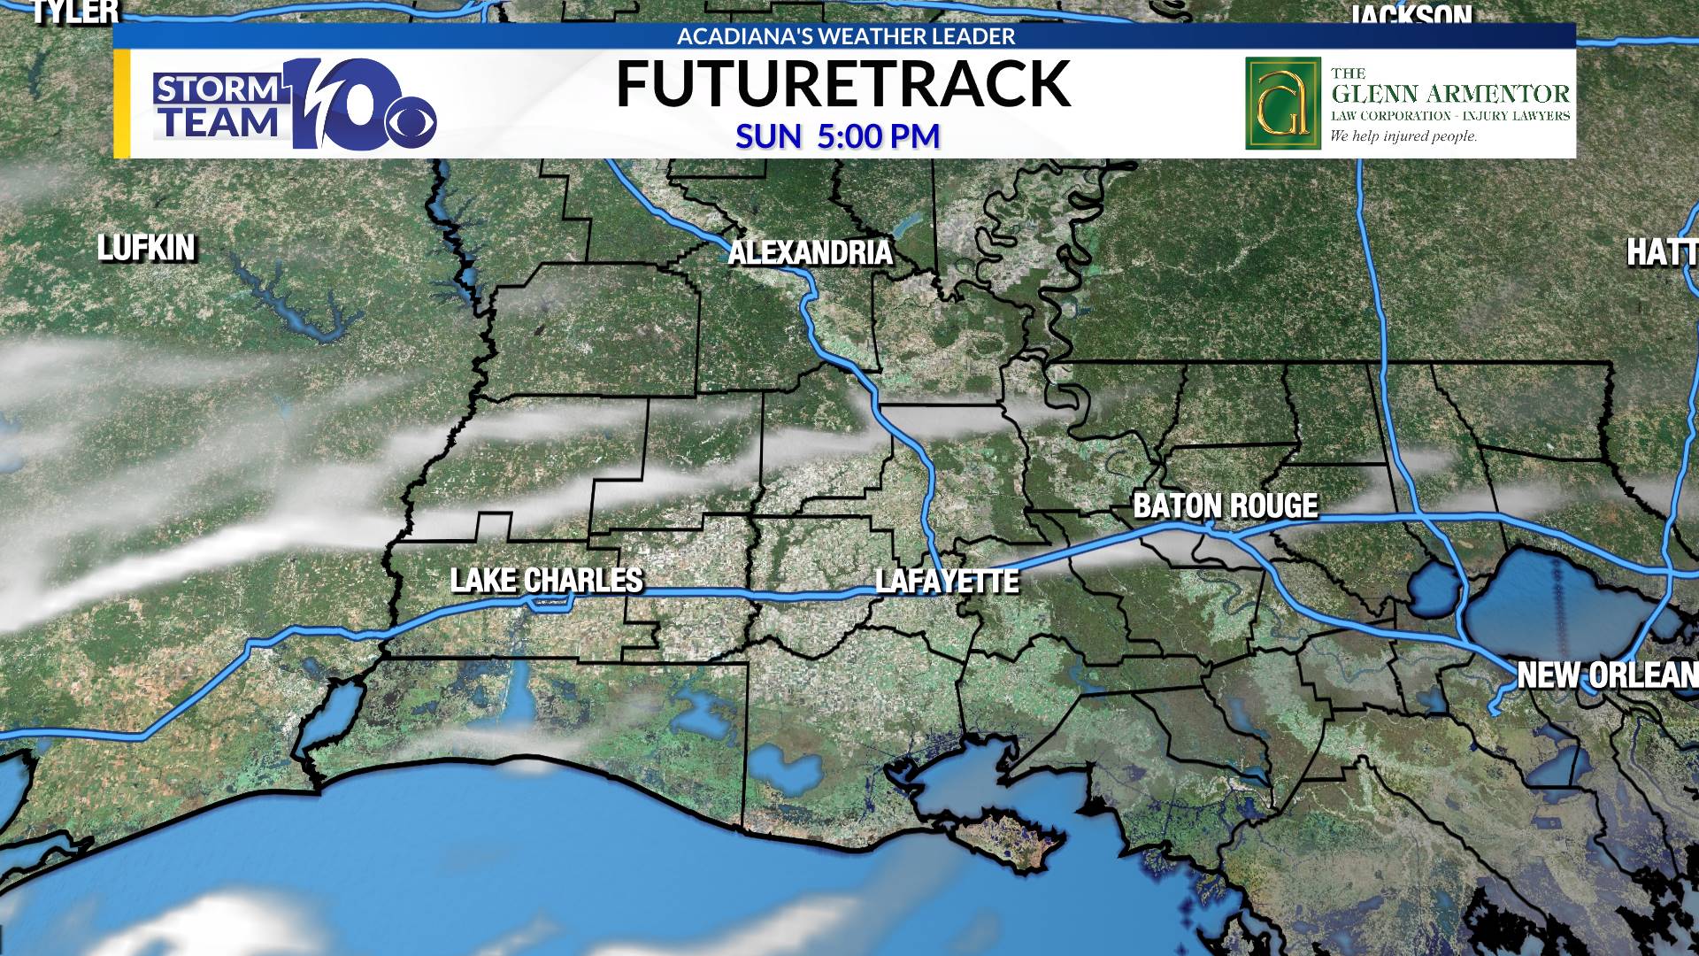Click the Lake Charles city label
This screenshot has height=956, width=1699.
(x=547, y=581)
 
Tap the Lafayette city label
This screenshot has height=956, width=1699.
(x=947, y=582)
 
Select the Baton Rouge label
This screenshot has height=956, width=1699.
(x=1226, y=505)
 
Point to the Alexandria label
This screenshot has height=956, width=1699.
(x=810, y=253)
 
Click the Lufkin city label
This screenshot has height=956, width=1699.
(x=146, y=248)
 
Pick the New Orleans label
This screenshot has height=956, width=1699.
(x=1606, y=675)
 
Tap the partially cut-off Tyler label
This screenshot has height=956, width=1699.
(x=75, y=12)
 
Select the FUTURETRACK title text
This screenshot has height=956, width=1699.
(x=842, y=85)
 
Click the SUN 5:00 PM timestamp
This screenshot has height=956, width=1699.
(x=837, y=136)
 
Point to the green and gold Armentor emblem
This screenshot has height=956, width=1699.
(x=1282, y=104)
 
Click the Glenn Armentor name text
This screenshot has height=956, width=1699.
(x=1449, y=94)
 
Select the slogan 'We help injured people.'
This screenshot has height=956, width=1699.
(x=1403, y=136)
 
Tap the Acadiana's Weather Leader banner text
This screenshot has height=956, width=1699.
(x=846, y=36)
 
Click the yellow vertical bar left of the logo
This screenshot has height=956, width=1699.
(x=122, y=104)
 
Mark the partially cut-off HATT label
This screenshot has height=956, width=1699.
(x=1662, y=253)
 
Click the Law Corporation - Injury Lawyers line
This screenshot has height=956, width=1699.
(x=1449, y=116)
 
